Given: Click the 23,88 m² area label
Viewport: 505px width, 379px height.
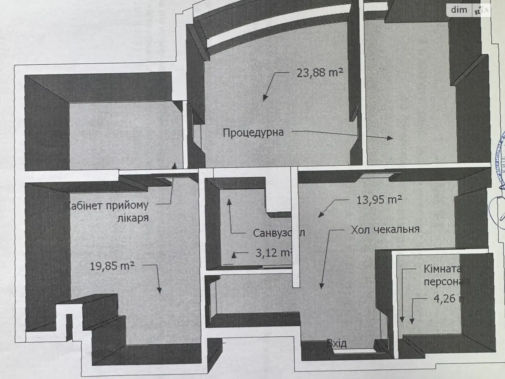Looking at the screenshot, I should tap(319, 73).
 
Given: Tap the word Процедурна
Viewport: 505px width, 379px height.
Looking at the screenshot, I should tap(253, 132).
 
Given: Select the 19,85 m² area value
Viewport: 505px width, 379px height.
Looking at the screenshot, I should tap(112, 266).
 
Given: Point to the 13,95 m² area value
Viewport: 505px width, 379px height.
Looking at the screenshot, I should tap(379, 200).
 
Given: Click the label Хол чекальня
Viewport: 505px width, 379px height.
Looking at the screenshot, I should tap(385, 229).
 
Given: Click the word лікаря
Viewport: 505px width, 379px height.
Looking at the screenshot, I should tap(133, 218).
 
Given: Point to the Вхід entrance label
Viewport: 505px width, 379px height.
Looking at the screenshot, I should tap(337, 343).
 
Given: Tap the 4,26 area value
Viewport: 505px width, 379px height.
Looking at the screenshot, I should tap(445, 298).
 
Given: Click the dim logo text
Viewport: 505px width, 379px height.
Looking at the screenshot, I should tap(459, 10).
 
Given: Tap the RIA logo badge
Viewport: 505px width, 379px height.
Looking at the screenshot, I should tap(481, 10).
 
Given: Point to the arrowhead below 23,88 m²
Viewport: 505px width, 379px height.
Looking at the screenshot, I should tap(265, 98).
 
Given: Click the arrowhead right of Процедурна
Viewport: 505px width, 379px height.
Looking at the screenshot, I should tap(390, 138).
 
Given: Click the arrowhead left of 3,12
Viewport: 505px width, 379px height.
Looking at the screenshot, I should tap(234, 254).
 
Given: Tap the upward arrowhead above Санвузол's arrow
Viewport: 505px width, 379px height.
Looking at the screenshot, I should tap(229, 202).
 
